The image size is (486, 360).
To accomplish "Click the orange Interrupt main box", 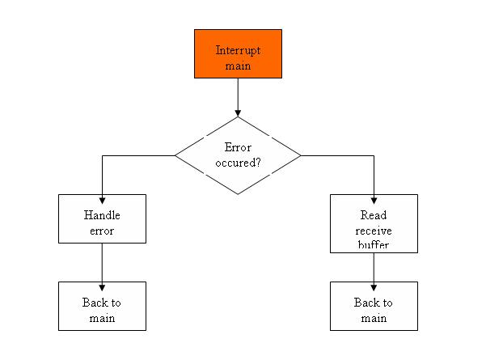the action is tap(238, 53).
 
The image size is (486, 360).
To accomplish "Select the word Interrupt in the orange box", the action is tap(238, 50).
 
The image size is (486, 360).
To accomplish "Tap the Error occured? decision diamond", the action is tap(238, 155).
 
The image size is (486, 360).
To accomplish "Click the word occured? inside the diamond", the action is tap(238, 163).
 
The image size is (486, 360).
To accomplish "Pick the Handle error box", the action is tap(102, 218).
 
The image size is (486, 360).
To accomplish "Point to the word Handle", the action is tap(102, 215).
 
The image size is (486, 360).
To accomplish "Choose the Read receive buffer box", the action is tap(374, 223).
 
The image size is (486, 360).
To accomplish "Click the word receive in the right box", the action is tap(374, 231).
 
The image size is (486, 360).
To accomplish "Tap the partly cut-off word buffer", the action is tap(374, 245).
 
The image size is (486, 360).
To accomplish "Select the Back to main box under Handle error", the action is tap(102, 306).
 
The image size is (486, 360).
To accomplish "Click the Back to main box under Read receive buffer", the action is tap(374, 306).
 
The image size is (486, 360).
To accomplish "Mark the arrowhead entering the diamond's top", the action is tap(238, 113).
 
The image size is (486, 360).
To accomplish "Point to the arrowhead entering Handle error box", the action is tap(102, 201).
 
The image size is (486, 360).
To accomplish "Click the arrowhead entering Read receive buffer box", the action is tap(374, 201).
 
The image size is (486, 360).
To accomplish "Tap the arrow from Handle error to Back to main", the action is tap(102, 267).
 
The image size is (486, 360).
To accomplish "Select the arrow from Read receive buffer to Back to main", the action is tap(374, 272).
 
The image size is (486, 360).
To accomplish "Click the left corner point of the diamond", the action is tap(175, 155).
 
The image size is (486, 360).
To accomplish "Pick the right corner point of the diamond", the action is tap(301, 155).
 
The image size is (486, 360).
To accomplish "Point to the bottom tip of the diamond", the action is tap(238, 194).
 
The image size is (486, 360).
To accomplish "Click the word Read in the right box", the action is tap(374, 215).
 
